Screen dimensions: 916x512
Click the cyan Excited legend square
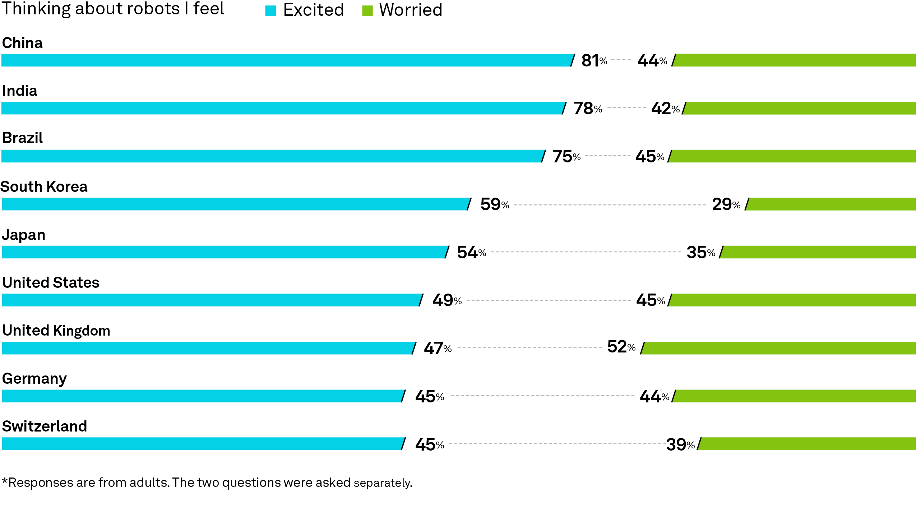click(270, 11)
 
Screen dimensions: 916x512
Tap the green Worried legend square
click(367, 11)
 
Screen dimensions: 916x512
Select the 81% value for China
click(594, 60)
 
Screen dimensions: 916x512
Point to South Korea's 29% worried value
click(726, 204)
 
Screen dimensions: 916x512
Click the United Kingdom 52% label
click(621, 347)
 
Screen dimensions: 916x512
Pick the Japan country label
click(24, 235)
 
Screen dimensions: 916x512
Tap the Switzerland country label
click(45, 426)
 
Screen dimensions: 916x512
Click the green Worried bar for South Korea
click(831, 204)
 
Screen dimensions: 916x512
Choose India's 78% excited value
click(588, 108)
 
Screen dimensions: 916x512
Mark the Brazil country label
click(22, 138)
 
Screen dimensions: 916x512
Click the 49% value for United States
click(447, 300)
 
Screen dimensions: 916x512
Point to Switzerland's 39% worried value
click(680, 444)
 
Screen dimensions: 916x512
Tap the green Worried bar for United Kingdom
click(778, 348)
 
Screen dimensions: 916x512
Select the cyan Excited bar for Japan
click(226, 252)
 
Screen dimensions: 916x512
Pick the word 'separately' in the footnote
click(382, 483)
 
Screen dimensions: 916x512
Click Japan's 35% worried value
click(701, 252)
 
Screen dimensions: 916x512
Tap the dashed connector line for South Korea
click(610, 205)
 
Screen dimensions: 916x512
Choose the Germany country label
click(34, 379)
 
